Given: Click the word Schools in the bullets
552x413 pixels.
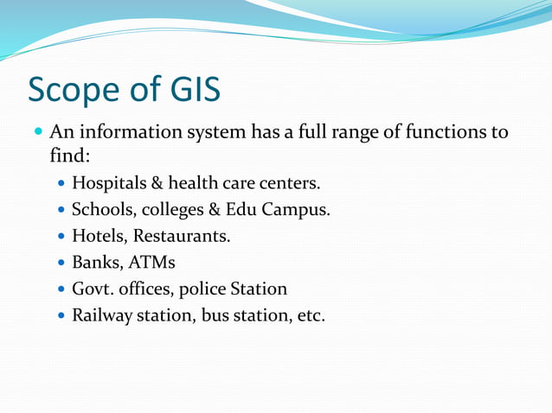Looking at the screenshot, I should pos(101,210).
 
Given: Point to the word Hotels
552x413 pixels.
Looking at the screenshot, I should pos(97,235).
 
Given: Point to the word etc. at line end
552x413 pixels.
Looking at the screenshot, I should pos(311,315).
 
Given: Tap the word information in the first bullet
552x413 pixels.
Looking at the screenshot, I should pos(120,134).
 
